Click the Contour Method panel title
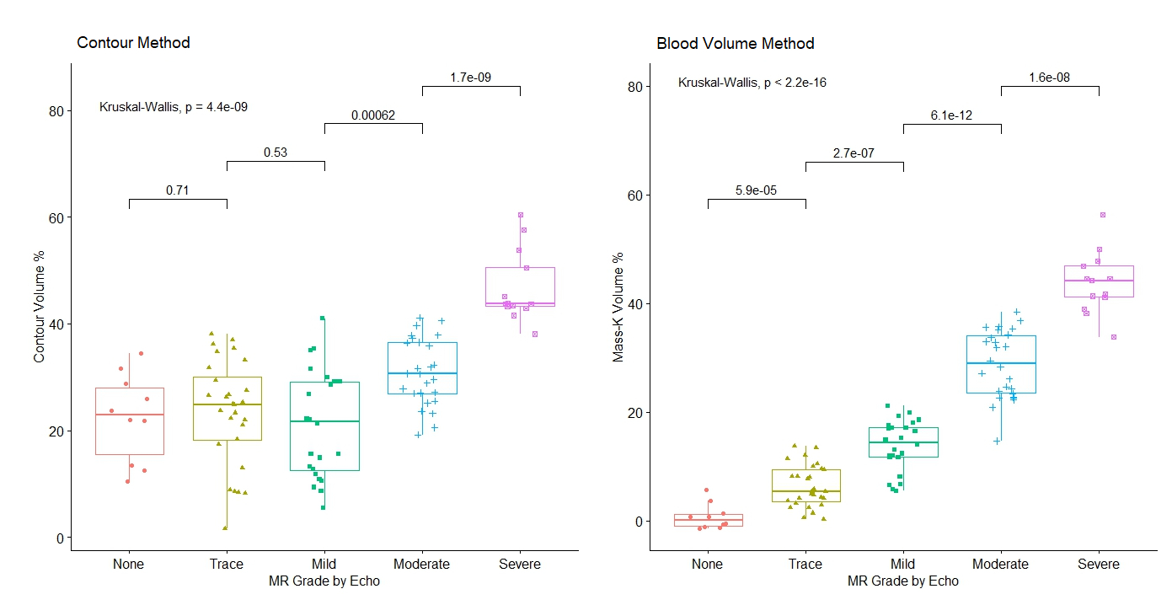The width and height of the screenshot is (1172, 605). tap(133, 43)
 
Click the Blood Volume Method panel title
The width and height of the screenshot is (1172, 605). tap(735, 44)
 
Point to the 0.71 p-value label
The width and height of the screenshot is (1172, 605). tap(177, 190)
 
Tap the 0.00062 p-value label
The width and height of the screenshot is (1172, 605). tap(373, 115)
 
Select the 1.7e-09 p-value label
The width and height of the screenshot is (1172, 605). tap(471, 78)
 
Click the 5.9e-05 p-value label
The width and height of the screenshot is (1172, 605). tap(756, 190)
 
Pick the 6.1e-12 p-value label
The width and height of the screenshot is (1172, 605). tap(951, 115)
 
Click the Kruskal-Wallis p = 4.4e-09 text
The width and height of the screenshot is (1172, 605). tap(173, 107)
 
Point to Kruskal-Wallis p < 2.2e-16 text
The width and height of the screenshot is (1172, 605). tap(752, 83)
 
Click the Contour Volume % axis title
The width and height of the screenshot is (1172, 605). tap(40, 311)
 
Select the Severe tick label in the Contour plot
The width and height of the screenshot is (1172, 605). tap(520, 565)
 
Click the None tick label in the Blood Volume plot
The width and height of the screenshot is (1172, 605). tap(708, 565)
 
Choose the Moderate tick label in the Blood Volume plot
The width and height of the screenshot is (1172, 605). tap(1000, 565)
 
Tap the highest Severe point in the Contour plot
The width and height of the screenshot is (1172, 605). tap(521, 215)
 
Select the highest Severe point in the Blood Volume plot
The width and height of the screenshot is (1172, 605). tap(1102, 215)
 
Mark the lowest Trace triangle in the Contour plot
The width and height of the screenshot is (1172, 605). tap(225, 527)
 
